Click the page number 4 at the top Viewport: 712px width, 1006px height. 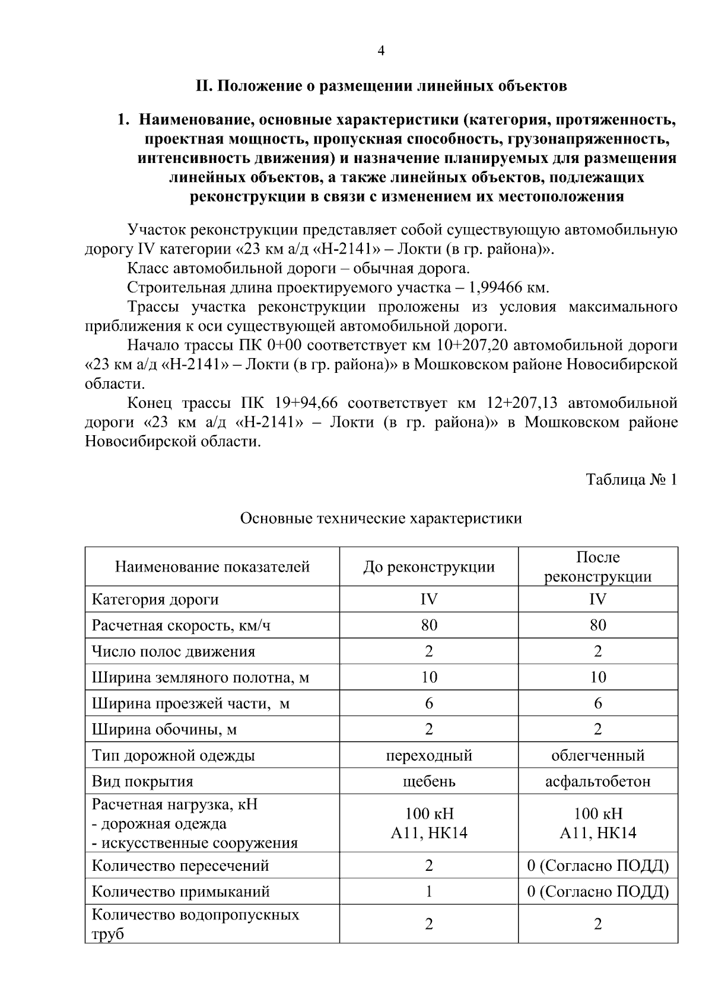(381, 52)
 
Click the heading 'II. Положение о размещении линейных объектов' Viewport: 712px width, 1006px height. (382, 87)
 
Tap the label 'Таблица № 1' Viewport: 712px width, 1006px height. (631, 480)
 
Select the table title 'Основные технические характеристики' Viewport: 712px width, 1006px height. (381, 519)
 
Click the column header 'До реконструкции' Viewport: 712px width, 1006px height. (428, 567)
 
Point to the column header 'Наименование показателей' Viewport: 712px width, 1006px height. (212, 567)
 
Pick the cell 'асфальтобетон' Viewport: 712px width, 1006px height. (597, 781)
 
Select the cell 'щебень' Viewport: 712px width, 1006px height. (428, 781)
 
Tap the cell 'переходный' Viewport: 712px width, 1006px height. (428, 755)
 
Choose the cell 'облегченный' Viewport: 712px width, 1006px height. (597, 755)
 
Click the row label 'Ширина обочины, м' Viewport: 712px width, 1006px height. (164, 729)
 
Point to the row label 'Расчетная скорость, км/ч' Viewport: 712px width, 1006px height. (181, 625)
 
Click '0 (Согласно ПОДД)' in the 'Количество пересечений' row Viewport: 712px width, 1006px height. (597, 866)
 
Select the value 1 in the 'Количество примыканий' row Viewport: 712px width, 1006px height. (428, 892)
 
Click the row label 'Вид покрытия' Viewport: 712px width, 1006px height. (142, 781)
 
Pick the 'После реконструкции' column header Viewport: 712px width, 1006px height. (597, 567)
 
